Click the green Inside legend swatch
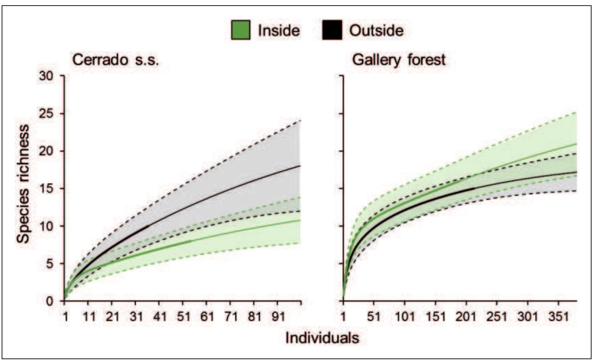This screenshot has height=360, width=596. [241, 30]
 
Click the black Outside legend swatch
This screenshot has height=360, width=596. [332, 30]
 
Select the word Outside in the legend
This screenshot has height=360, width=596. [376, 31]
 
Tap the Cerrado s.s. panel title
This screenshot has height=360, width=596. [116, 60]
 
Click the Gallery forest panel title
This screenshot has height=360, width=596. [399, 60]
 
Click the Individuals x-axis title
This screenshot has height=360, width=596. [322, 337]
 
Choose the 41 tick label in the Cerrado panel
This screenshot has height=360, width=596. [159, 317]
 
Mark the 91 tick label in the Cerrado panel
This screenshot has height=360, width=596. [278, 317]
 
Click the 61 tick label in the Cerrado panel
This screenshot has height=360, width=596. [207, 317]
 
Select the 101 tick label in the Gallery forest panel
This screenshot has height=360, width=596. [404, 317]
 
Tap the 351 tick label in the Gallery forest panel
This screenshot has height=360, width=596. [559, 317]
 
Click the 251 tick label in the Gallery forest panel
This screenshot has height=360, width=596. [497, 317]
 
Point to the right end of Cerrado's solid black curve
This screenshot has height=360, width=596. [300, 166]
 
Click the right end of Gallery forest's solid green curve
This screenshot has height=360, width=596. [576, 144]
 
